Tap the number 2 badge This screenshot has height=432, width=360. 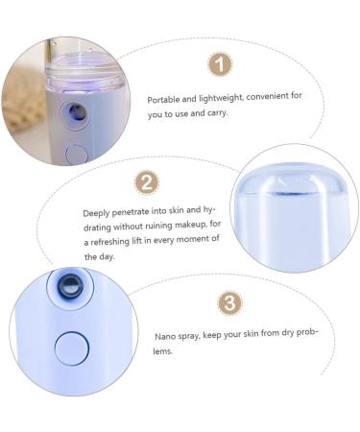(x=148, y=182)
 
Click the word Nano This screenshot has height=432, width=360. (x=165, y=338)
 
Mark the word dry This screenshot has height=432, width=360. (x=289, y=338)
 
